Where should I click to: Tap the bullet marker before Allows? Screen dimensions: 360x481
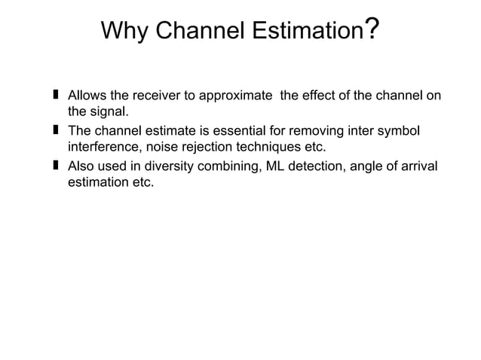[56, 96]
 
